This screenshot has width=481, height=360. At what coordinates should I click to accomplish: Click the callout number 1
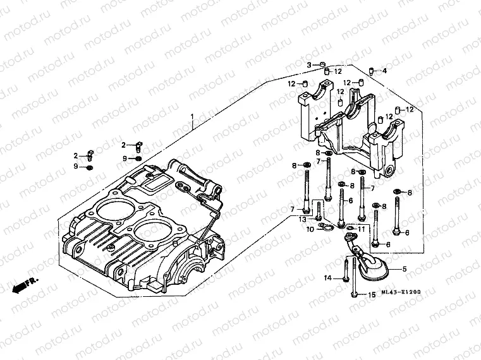(193, 117)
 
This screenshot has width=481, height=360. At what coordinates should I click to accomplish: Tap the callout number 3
(310, 65)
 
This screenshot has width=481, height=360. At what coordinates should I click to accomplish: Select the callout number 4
(384, 71)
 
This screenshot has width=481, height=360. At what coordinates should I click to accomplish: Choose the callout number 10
(310, 229)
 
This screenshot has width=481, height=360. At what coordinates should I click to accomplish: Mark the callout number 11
(362, 228)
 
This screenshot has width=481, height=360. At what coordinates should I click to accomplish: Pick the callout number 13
(303, 219)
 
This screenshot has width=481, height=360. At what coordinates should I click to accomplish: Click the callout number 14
(328, 278)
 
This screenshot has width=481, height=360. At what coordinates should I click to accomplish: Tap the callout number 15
(372, 294)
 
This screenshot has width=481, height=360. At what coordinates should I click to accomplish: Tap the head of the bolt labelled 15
(354, 293)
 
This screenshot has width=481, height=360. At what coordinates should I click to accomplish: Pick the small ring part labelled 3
(322, 65)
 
